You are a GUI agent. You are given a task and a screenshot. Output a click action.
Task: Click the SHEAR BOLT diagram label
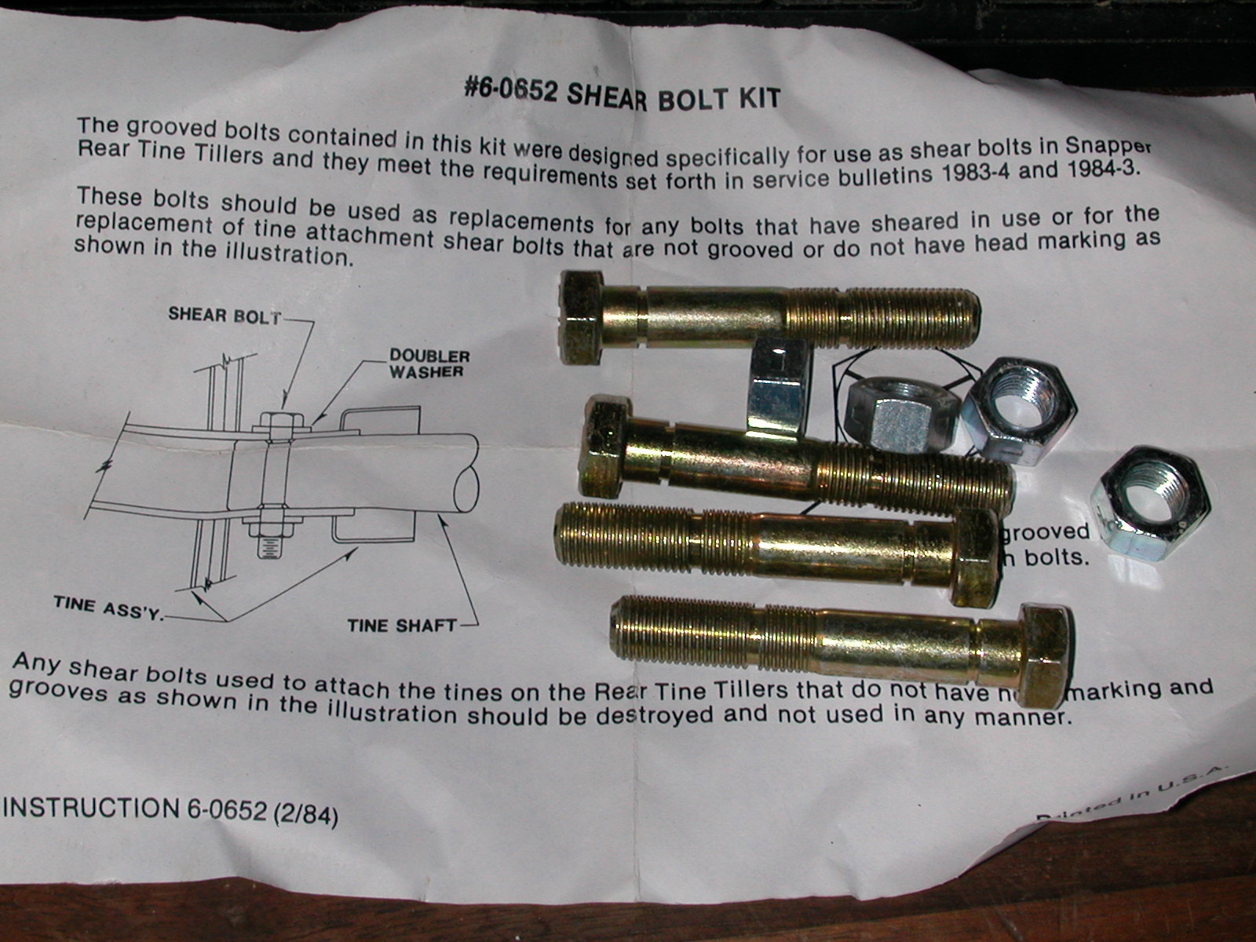point(224,316)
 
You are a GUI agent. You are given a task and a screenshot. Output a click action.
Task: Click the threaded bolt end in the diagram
point(269,545)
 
